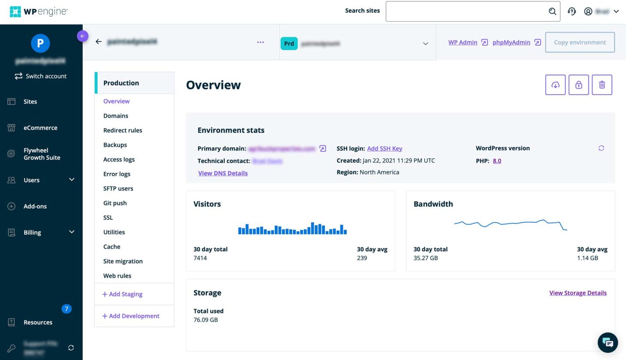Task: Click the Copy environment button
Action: click(580, 42)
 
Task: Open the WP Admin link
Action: click(463, 42)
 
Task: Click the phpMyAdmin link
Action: click(511, 42)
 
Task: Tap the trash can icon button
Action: click(602, 85)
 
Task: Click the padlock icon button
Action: click(578, 85)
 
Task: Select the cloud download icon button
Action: click(555, 85)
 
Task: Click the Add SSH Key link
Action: click(384, 148)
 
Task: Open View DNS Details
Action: click(223, 173)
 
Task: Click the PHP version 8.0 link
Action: click(497, 161)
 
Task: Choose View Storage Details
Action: click(578, 293)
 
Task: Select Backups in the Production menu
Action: click(115, 145)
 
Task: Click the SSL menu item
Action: click(108, 218)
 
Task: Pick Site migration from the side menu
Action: click(123, 261)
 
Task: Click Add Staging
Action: click(122, 294)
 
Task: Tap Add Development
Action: click(131, 316)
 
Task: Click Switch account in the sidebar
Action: click(41, 76)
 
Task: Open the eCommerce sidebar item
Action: click(40, 128)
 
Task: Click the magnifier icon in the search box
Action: click(552, 11)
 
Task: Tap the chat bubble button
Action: click(607, 342)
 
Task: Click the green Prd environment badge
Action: click(289, 44)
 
